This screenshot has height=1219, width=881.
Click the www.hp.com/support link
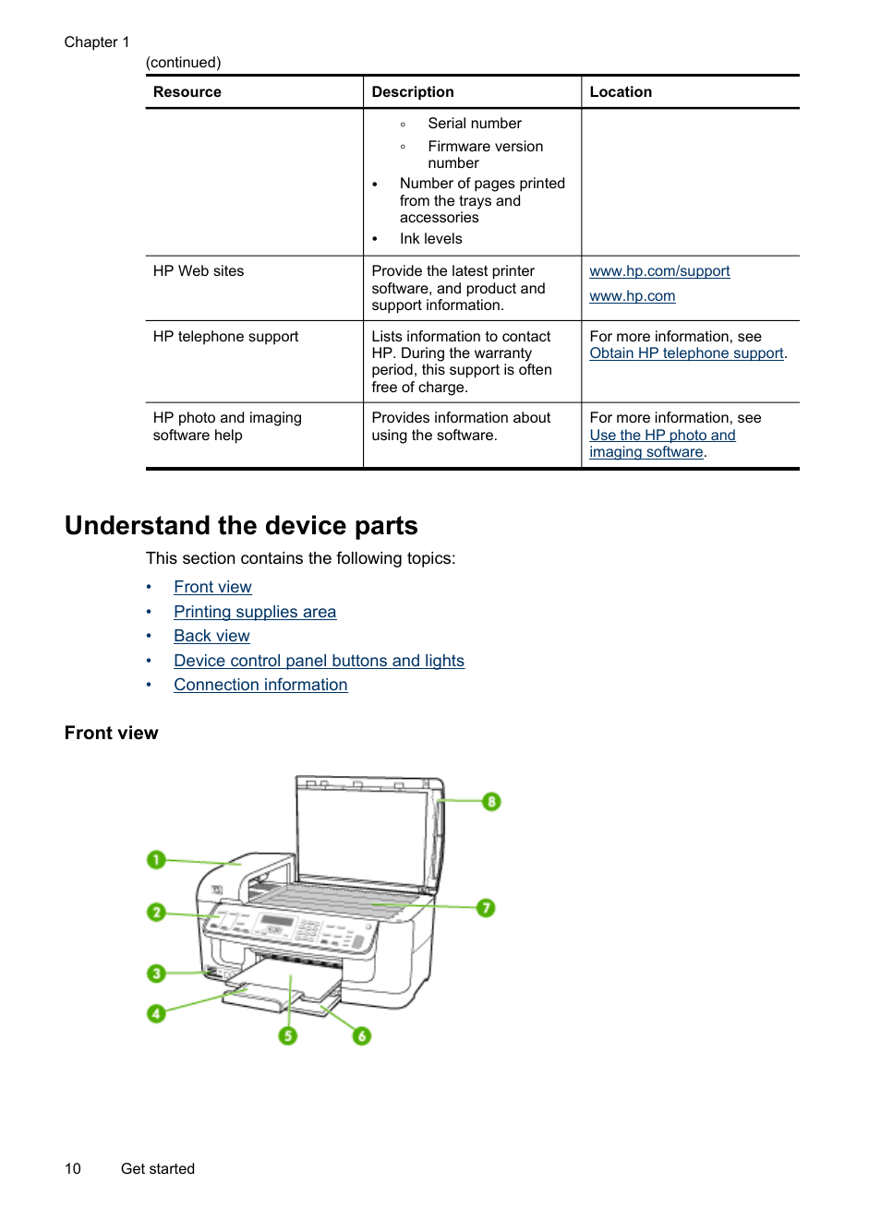(658, 271)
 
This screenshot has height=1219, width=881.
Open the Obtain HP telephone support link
(686, 353)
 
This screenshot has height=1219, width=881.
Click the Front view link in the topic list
(212, 587)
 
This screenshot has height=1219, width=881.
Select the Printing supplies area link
(255, 612)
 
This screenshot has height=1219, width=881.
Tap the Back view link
(211, 636)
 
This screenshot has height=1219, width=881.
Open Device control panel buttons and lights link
(319, 661)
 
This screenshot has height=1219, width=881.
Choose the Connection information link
(260, 685)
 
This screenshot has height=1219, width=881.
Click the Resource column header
(187, 92)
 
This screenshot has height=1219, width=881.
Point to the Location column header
(621, 92)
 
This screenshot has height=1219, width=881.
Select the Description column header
(413, 92)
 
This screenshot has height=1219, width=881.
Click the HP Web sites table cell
(199, 271)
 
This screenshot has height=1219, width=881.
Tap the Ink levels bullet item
(430, 239)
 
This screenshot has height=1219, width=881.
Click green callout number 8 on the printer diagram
(491, 802)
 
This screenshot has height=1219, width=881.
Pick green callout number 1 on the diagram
(156, 860)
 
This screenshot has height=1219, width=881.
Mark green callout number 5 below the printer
(288, 1035)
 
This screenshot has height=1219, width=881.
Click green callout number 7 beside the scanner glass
(486, 908)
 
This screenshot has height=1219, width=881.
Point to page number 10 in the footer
(73, 1168)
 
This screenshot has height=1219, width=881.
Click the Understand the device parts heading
(241, 526)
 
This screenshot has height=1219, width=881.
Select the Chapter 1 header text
(97, 42)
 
